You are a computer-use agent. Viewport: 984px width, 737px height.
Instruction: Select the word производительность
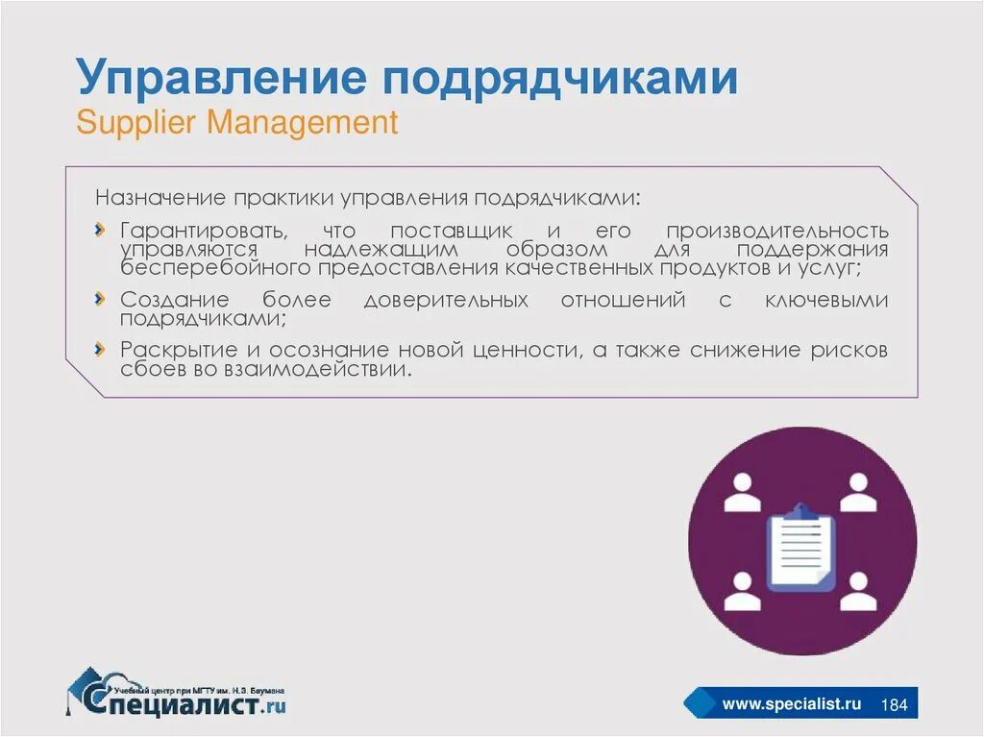click(777, 231)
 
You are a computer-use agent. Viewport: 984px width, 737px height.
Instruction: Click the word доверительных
click(446, 300)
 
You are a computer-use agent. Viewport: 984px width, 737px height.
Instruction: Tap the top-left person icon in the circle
click(742, 493)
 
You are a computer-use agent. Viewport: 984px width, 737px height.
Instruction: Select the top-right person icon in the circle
click(858, 493)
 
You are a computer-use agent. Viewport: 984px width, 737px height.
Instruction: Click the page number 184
click(895, 704)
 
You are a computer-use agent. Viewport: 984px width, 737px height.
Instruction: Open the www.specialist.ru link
click(791, 704)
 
